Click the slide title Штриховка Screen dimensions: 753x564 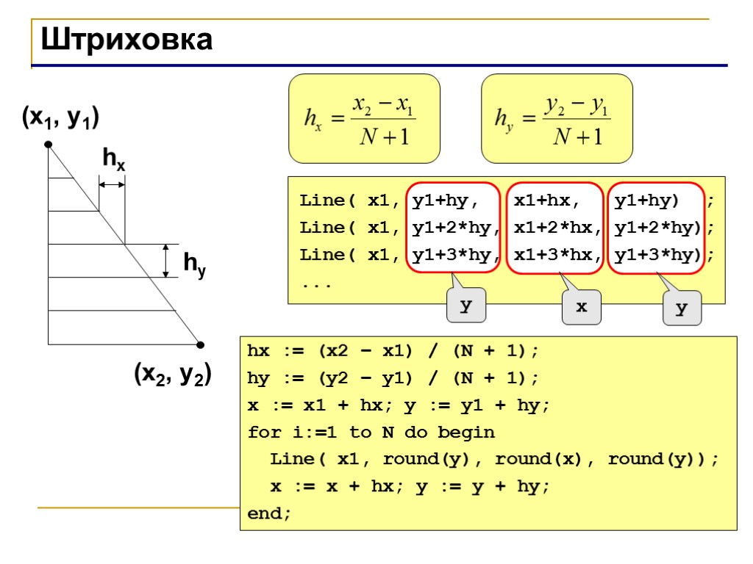click(126, 40)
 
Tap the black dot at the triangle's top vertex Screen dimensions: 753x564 click(48, 145)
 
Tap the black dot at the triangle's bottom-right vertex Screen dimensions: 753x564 click(200, 344)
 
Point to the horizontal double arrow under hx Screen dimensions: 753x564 click(112, 185)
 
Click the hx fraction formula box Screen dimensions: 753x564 click(364, 118)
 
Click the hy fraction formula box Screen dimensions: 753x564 click(557, 118)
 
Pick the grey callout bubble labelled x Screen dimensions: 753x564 click(581, 307)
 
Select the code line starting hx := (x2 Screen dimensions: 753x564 click(393, 351)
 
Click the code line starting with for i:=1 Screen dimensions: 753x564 click(371, 432)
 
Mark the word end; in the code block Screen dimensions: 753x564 click(269, 513)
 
